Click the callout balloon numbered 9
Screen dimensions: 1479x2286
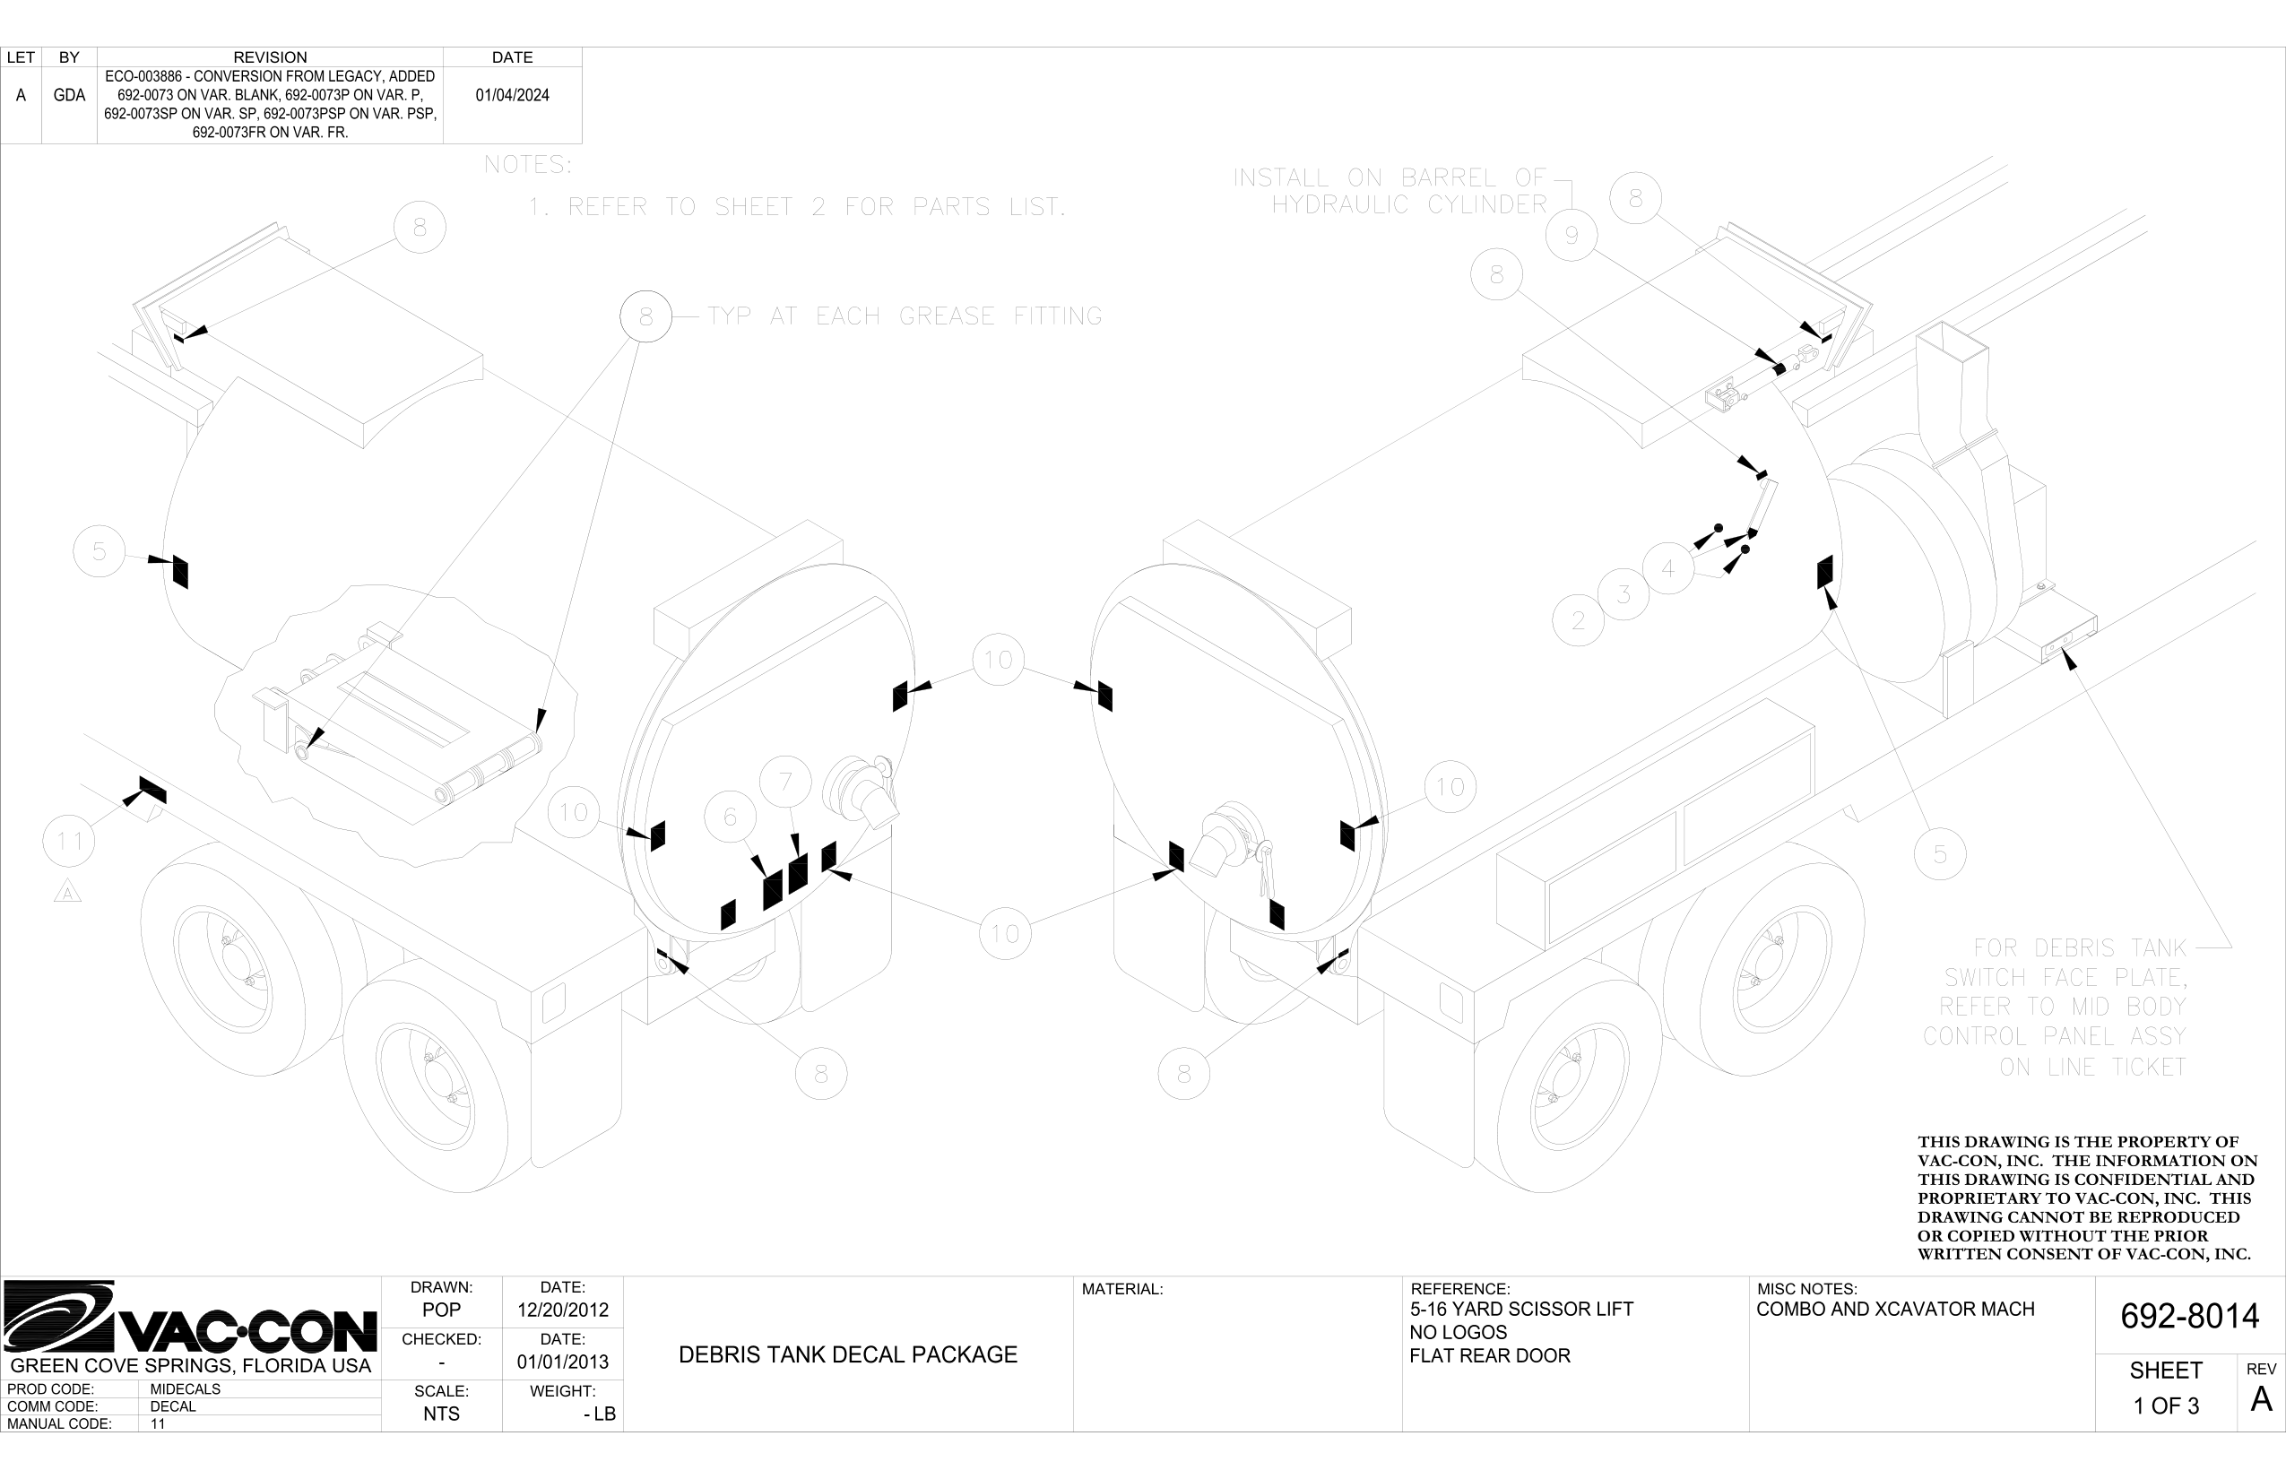1572,235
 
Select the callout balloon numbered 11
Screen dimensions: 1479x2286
69,842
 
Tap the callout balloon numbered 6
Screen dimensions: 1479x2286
730,817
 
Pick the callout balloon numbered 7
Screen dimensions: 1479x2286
785,782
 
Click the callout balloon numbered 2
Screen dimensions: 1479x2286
1578,620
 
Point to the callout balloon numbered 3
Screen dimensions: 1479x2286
1624,593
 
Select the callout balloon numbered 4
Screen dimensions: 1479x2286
1668,568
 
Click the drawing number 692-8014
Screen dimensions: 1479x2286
2189,1316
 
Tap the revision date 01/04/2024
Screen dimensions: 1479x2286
512,95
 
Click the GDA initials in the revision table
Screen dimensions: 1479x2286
69,95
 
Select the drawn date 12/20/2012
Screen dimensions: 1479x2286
563,1310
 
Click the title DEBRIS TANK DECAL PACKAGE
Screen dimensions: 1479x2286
847,1355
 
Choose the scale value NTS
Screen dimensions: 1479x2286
441,1414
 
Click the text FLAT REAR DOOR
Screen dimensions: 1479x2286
1490,1356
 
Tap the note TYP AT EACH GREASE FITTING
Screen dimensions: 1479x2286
905,316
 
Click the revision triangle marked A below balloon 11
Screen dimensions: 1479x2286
67,893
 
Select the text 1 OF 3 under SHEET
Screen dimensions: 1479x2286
2166,1406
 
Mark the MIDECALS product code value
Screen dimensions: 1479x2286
186,1388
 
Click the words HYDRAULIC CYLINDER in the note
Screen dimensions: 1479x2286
1409,204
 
